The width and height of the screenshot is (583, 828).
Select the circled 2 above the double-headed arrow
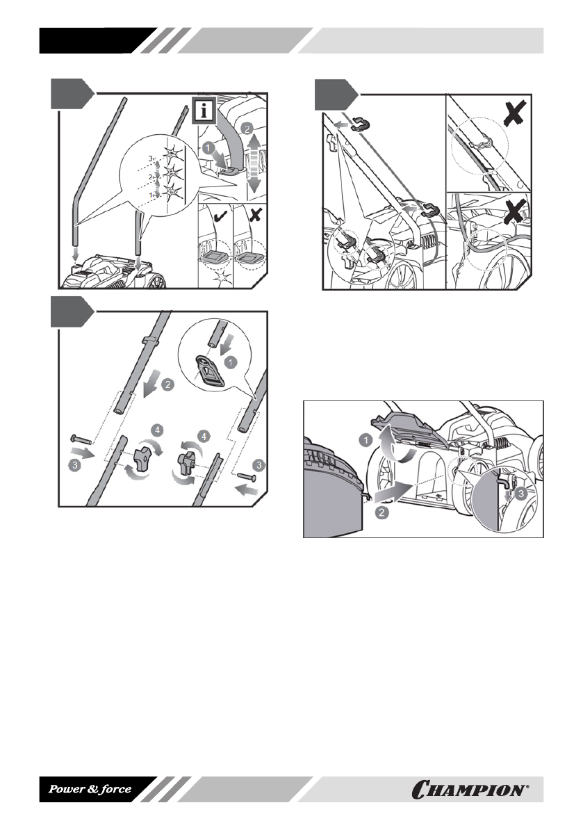click(x=248, y=129)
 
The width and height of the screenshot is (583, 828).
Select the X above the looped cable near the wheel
click(x=520, y=211)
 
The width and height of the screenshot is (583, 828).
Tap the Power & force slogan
click(x=90, y=789)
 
